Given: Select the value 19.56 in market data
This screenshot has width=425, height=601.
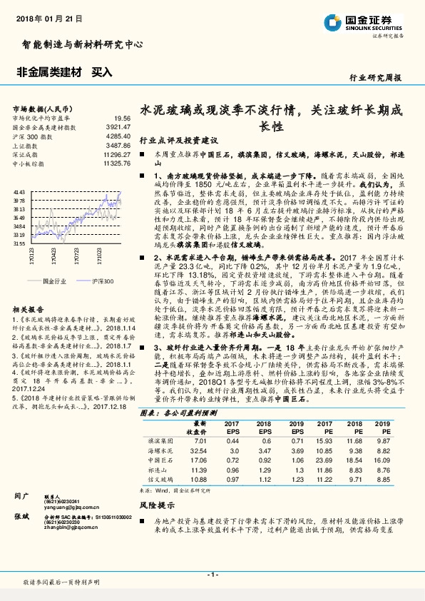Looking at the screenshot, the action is click(x=121, y=118).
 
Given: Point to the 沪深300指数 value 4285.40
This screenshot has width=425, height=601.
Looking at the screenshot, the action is click(x=117, y=135).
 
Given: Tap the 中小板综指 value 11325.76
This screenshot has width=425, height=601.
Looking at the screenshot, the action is click(x=116, y=163).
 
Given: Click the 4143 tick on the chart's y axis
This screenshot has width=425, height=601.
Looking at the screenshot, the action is click(x=19, y=192).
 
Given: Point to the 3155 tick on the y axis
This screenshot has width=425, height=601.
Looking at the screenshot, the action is click(x=19, y=243).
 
